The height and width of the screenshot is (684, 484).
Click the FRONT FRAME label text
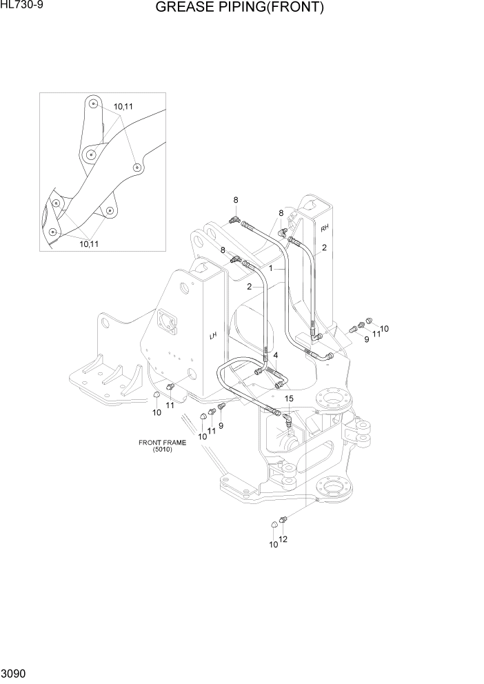(162, 443)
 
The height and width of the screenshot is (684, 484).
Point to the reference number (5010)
(163, 450)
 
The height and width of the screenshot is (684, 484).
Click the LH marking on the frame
(213, 336)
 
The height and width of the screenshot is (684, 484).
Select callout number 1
(272, 268)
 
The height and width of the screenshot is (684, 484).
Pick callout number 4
(276, 355)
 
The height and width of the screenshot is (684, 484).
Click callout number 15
(289, 399)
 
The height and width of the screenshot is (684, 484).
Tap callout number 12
(283, 539)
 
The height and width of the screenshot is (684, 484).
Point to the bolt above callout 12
(282, 521)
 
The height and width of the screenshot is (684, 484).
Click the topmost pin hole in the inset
(92, 104)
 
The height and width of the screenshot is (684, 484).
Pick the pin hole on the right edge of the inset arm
(137, 167)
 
